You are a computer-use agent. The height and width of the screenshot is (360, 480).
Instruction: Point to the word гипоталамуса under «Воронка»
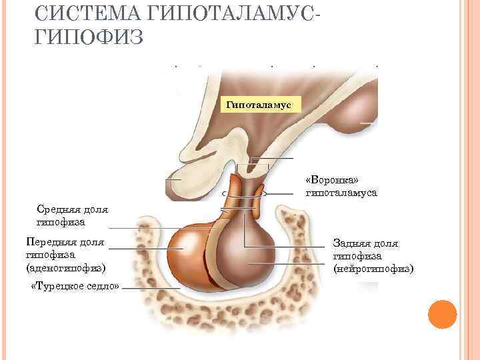point(341,193)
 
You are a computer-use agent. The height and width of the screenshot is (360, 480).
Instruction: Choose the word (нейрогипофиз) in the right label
point(373,268)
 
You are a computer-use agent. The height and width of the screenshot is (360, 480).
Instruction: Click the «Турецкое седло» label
point(75,287)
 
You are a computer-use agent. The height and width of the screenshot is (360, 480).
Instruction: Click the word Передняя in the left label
point(48,243)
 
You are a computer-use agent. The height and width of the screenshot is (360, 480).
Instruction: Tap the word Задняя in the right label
point(350,243)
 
